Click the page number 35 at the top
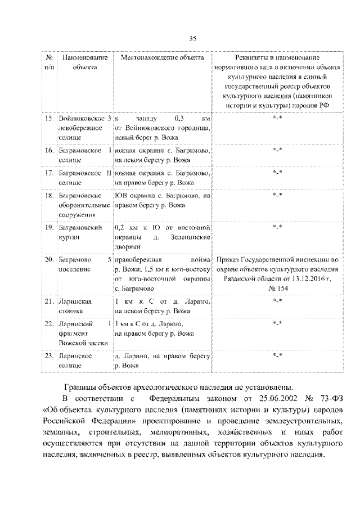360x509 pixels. coord(192,38)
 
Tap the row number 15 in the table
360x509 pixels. coord(49,119)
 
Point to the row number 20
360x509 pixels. coord(49,260)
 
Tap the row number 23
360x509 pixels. coord(49,356)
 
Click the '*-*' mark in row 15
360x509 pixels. coord(276,119)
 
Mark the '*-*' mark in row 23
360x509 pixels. coord(276,355)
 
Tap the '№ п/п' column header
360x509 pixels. coord(49,62)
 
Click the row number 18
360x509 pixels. coord(49,196)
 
